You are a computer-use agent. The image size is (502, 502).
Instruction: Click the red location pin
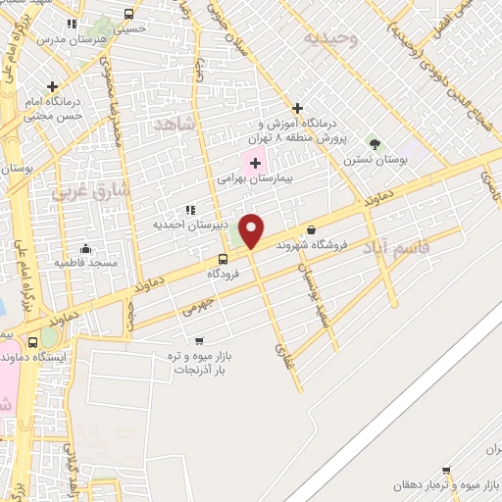click(252, 230)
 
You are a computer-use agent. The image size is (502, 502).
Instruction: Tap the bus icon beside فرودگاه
click(225, 260)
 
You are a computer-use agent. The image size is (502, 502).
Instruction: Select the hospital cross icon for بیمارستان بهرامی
click(255, 161)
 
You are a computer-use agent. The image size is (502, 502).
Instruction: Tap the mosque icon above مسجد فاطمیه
click(86, 248)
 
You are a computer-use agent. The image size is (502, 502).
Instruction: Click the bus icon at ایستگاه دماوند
click(34, 342)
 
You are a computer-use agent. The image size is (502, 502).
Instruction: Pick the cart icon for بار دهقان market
click(447, 471)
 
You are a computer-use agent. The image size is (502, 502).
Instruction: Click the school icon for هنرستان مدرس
click(71, 24)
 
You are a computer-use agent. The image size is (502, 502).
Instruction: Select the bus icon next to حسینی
click(129, 15)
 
